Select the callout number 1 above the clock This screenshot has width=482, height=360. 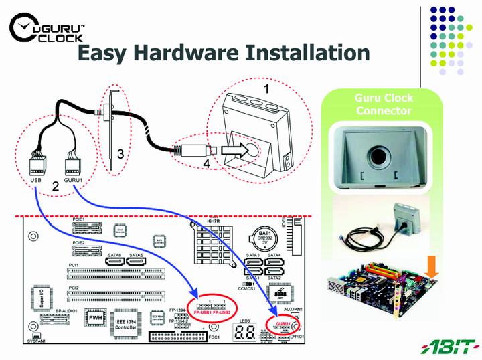pyautogui.click(x=266, y=88)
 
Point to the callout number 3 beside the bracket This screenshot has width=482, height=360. pyautogui.click(x=120, y=153)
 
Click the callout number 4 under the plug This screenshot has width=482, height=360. pyautogui.click(x=206, y=163)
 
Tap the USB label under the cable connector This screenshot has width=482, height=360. pyautogui.click(x=36, y=180)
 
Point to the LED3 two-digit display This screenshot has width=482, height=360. pyautogui.click(x=245, y=334)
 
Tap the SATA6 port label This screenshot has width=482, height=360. pyautogui.click(x=114, y=255)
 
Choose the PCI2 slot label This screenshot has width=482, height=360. pyautogui.click(x=74, y=288)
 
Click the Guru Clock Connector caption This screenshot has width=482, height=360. pyautogui.click(x=384, y=104)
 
